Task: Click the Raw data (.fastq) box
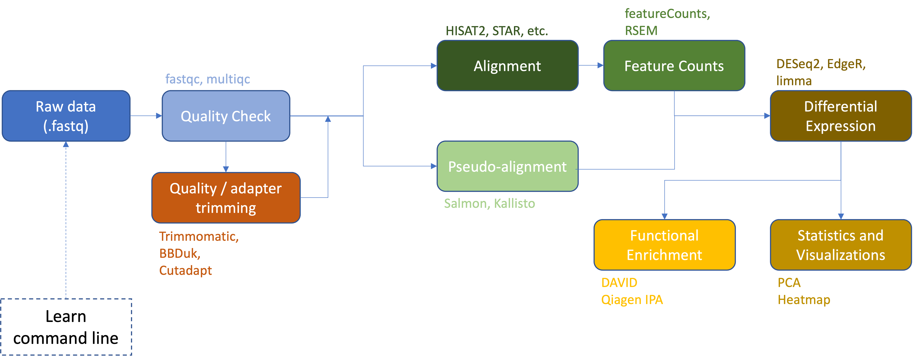pyautogui.click(x=66, y=116)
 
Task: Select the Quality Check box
pyautogui.click(x=226, y=116)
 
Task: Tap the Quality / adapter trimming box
pyautogui.click(x=226, y=198)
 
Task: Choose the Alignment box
pyautogui.click(x=507, y=65)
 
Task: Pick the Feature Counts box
pyautogui.click(x=674, y=65)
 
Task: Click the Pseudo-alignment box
pyautogui.click(x=507, y=166)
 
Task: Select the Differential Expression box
pyautogui.click(x=840, y=116)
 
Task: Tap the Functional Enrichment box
pyautogui.click(x=664, y=245)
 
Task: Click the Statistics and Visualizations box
pyautogui.click(x=840, y=245)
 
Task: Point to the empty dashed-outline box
pyautogui.click(x=66, y=327)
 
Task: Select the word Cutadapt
pyautogui.click(x=185, y=270)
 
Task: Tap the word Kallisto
pyautogui.click(x=514, y=203)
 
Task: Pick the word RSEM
pyautogui.click(x=641, y=31)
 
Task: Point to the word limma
pyautogui.click(x=794, y=81)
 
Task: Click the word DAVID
pyautogui.click(x=619, y=283)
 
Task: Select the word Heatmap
pyautogui.click(x=804, y=300)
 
